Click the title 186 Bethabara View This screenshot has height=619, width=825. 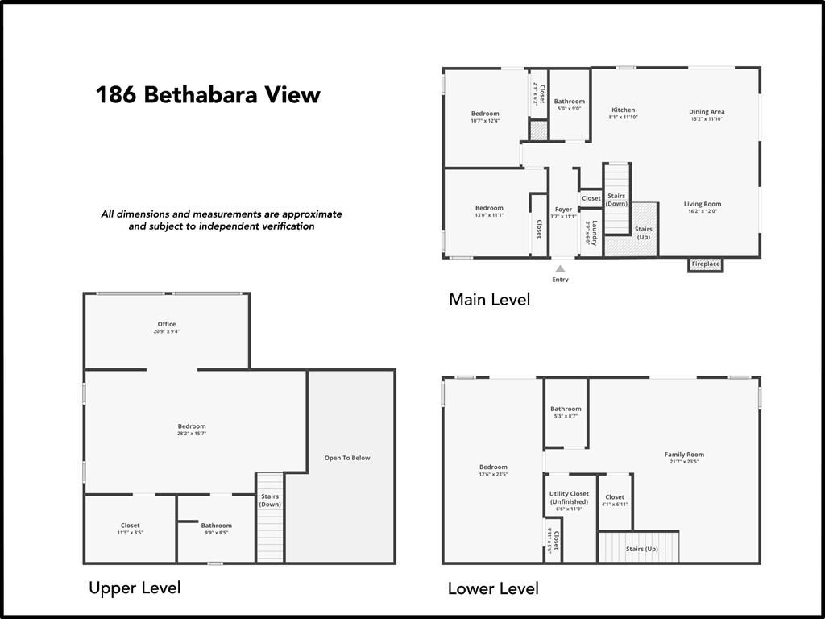(208, 95)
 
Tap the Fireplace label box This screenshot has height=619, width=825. (705, 264)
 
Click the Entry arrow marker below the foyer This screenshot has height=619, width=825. (560, 269)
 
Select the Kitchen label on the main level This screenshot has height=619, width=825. (623, 110)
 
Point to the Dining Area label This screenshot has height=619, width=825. (707, 112)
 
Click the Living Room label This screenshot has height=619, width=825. (703, 204)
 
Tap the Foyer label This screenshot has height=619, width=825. (563, 210)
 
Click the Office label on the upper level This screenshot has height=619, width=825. (167, 324)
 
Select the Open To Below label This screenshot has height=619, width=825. (347, 458)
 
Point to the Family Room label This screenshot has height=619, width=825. (684, 455)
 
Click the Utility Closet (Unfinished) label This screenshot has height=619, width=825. (569, 498)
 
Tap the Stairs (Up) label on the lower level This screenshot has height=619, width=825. (642, 549)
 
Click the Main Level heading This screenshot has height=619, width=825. (489, 300)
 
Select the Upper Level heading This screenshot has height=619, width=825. (135, 588)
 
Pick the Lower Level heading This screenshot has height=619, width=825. (493, 588)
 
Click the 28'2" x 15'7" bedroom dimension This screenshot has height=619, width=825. (192, 434)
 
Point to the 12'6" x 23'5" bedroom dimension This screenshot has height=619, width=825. (493, 474)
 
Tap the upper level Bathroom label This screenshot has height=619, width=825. (216, 526)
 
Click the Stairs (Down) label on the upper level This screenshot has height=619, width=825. (270, 501)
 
